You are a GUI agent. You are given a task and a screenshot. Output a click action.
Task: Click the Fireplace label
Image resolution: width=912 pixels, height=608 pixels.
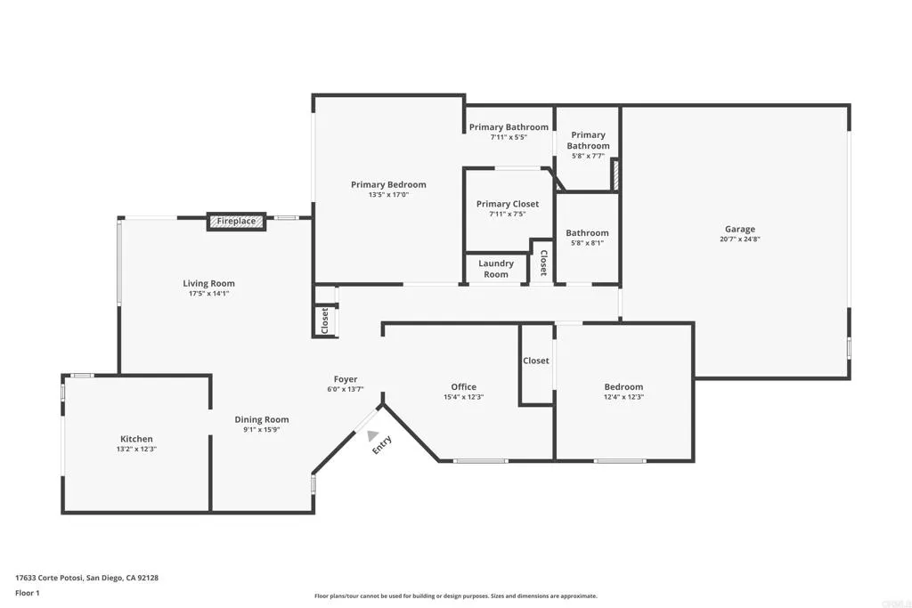237,221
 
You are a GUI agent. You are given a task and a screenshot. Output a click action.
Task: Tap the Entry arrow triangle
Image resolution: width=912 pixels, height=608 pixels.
372,435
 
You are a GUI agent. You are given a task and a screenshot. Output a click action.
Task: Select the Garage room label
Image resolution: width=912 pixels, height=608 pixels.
739,228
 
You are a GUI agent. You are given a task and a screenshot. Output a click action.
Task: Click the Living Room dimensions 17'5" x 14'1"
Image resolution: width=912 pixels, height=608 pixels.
208,295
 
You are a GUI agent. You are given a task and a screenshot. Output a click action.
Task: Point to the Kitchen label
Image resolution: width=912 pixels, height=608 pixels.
137,439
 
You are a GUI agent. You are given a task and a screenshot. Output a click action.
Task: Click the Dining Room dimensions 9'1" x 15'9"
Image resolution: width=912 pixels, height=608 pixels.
262,431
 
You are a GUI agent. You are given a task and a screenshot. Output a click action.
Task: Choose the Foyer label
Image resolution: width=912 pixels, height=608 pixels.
346,379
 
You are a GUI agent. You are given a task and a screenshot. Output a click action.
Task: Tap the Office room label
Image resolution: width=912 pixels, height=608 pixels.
463,386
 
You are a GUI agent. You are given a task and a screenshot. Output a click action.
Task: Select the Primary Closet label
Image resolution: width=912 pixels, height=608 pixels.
508,204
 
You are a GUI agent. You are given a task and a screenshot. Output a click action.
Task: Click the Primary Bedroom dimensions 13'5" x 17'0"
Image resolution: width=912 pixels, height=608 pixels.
388,196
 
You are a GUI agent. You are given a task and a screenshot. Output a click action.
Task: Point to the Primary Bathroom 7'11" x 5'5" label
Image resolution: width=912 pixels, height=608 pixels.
509,127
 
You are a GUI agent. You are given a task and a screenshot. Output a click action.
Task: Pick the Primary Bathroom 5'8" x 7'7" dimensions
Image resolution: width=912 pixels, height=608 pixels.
589,156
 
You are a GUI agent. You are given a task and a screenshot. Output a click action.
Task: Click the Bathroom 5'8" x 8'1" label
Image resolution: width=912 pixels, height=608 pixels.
588,233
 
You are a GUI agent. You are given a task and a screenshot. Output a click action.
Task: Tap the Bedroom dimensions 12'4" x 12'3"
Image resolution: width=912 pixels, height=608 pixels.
623,398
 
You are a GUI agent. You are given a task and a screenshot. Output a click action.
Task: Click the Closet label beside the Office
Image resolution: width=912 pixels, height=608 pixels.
536,361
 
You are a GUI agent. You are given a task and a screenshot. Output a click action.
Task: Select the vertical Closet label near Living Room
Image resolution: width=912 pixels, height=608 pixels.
325,320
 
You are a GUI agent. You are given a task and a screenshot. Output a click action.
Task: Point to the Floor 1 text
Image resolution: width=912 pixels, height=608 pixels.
28,592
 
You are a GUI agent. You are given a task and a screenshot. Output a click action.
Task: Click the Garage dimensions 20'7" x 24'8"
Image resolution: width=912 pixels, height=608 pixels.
739,239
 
